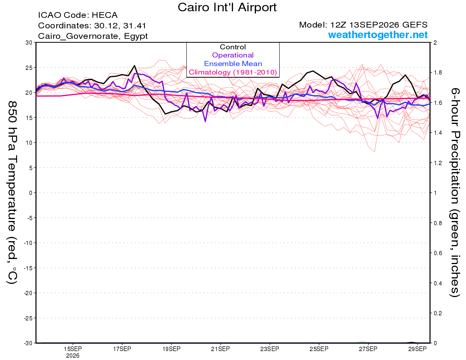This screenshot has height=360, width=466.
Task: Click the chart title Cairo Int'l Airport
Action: click(x=227, y=7)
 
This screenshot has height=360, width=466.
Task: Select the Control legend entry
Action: click(x=233, y=47)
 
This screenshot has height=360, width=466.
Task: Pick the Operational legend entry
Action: click(x=233, y=55)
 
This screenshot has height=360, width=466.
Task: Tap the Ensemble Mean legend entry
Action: click(x=233, y=64)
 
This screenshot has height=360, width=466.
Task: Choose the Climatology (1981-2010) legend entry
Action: click(x=233, y=72)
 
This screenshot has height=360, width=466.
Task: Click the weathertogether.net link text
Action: click(x=378, y=35)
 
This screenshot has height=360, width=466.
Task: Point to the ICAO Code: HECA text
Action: click(x=78, y=15)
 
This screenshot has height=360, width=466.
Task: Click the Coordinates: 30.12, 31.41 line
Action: click(x=92, y=26)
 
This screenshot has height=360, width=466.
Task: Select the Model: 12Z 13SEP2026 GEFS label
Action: click(x=363, y=25)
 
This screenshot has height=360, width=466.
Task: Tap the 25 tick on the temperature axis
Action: click(x=29, y=68)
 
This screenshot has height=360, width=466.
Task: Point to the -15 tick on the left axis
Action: click(x=28, y=268)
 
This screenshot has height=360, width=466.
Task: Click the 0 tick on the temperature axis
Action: click(x=31, y=193)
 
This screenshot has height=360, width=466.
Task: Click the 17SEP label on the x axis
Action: click(x=122, y=349)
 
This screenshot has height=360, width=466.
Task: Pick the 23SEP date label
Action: click(x=270, y=349)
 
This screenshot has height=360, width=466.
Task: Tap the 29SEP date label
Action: click(x=417, y=349)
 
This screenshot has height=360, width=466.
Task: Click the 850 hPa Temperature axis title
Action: click(x=12, y=193)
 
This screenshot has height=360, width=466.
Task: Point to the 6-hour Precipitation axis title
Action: click(x=455, y=192)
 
